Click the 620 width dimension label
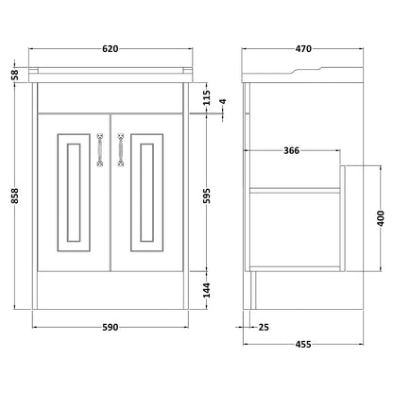[111, 49]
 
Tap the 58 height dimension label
[15, 75]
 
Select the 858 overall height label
[15, 196]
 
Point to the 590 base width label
[111, 327]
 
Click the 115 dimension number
[206, 98]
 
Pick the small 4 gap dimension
[223, 102]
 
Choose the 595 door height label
[206, 196]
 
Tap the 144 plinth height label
[206, 290]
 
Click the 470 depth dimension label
[303, 49]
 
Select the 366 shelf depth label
[292, 150]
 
